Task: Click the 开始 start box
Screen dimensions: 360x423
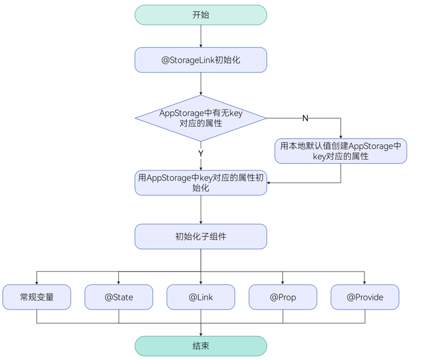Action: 201,15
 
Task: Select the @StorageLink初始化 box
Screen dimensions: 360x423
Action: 201,60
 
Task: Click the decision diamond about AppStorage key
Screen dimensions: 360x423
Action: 201,118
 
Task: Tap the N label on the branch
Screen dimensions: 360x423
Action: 305,118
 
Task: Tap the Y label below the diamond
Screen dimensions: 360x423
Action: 201,153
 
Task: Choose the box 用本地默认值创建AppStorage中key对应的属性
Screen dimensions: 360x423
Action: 341,151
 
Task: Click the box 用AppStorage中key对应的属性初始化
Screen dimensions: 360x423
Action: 201,183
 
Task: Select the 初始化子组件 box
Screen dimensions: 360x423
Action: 201,236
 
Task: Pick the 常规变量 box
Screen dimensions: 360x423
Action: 37,297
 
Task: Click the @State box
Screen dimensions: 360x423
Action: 119,297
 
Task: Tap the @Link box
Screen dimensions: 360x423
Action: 201,297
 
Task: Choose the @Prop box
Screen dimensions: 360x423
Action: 283,297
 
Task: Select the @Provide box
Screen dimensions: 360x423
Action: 364,297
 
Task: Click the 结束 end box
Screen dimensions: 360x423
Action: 201,346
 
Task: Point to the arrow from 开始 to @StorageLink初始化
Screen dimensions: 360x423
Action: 201,36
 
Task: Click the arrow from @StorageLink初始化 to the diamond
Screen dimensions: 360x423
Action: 201,84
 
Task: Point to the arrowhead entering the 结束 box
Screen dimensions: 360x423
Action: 201,334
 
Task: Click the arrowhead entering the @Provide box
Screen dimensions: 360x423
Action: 364,282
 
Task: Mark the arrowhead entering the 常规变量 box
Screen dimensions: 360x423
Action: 37,282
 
